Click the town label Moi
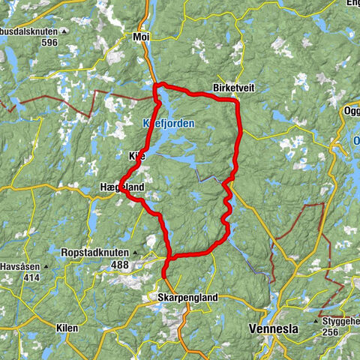[x=141, y=36]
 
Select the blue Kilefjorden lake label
[x=169, y=123]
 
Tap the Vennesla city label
[x=273, y=328]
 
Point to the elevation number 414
[x=31, y=278]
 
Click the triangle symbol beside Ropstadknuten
[x=136, y=253]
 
